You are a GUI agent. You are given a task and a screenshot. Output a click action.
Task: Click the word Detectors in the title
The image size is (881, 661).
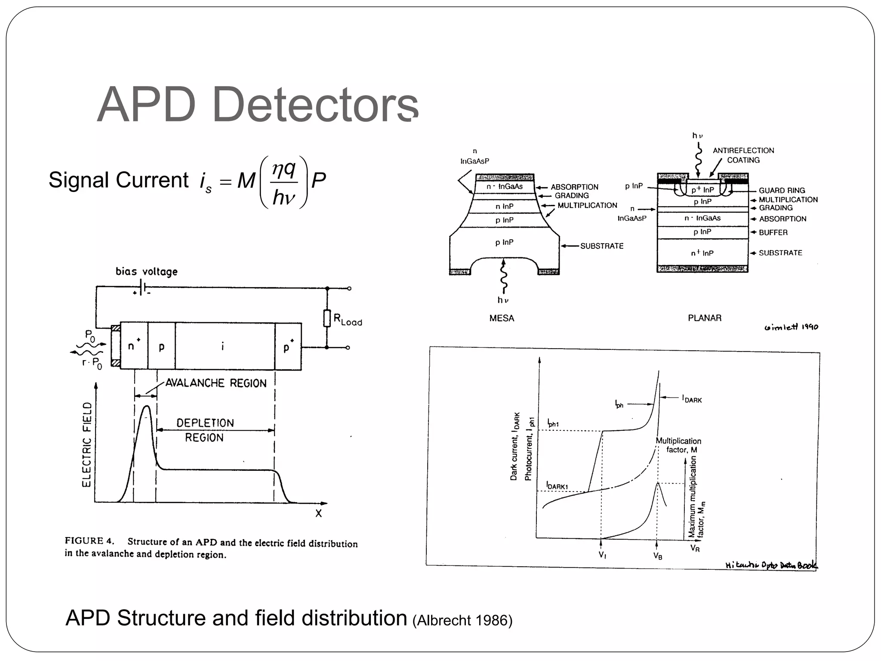click(x=315, y=105)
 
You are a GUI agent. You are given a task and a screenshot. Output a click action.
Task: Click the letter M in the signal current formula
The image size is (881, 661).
click(x=246, y=181)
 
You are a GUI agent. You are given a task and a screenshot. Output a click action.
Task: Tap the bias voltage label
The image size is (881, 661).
click(x=146, y=272)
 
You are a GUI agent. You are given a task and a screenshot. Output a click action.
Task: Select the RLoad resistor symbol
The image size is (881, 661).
click(x=327, y=318)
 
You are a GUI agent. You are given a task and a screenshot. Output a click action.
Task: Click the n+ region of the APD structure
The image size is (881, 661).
click(x=134, y=346)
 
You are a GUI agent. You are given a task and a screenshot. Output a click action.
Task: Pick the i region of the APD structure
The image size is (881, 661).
click(x=222, y=346)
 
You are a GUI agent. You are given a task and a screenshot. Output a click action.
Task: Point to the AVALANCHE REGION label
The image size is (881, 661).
click(x=216, y=383)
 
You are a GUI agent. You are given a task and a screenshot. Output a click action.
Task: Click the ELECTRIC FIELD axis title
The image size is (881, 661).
click(x=87, y=445)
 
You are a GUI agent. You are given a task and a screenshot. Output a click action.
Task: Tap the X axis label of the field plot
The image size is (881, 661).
click(x=318, y=513)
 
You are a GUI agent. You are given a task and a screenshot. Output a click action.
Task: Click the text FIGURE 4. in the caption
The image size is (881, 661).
click(x=89, y=541)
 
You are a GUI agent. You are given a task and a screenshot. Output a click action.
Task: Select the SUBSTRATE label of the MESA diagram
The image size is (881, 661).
click(x=601, y=246)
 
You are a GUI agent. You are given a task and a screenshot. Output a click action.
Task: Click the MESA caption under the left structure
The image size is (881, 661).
click(x=502, y=318)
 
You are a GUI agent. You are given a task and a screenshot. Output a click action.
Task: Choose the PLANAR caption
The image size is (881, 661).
click(x=704, y=318)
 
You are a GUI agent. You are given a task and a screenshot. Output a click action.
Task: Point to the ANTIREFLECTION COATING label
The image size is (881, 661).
click(x=743, y=155)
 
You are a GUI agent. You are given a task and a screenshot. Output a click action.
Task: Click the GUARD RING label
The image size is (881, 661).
click(x=781, y=190)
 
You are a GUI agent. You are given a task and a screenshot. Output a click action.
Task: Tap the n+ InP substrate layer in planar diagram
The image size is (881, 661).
click(x=702, y=253)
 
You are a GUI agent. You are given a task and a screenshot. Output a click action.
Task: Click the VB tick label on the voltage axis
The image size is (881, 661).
click(x=657, y=556)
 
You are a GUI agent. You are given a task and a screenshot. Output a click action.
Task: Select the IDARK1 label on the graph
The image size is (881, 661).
click(x=557, y=486)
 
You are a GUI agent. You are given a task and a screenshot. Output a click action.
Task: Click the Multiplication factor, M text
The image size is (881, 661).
click(x=678, y=445)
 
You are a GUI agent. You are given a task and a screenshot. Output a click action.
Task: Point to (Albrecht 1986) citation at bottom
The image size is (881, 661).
click(x=462, y=620)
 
